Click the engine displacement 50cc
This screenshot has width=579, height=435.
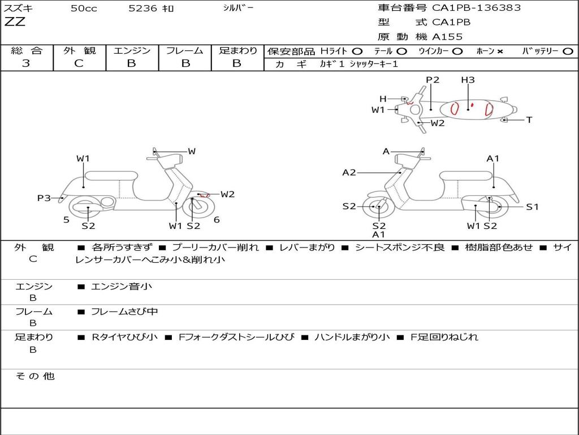(84, 8)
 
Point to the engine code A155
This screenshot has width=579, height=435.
(447, 37)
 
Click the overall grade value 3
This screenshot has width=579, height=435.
(26, 63)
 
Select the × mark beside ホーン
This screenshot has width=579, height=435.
(500, 51)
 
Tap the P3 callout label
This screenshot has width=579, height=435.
(44, 198)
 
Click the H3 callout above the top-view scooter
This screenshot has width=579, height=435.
(468, 80)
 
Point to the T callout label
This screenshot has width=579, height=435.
(529, 120)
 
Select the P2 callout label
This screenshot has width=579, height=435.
(433, 80)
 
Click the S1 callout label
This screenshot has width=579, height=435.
(532, 207)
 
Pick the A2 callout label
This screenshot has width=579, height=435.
(349, 172)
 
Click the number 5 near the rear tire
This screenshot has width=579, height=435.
(66, 219)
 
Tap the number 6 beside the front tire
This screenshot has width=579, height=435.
(217, 220)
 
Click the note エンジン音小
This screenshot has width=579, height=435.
(121, 287)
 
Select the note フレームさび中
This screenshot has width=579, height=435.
(124, 312)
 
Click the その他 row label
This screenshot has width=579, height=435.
(35, 376)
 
